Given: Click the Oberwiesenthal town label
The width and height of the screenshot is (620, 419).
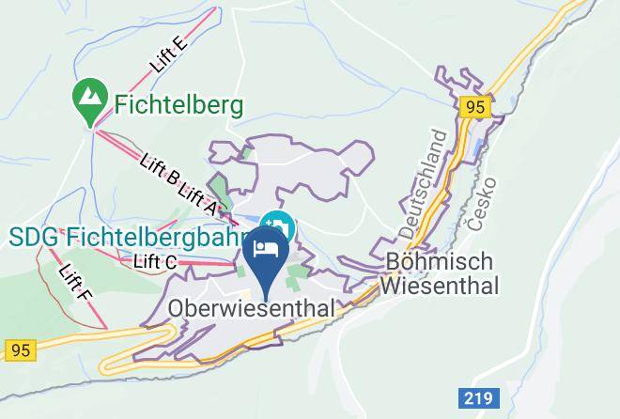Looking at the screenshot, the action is [250, 308].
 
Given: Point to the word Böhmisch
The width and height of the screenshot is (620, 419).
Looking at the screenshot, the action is [440, 260].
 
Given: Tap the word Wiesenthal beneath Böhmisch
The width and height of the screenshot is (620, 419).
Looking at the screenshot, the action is [441, 283].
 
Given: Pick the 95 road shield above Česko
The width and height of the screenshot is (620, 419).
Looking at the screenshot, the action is [475, 108].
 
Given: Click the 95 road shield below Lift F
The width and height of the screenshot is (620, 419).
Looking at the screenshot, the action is [18, 350].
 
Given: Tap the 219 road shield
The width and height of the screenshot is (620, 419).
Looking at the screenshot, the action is [477, 398].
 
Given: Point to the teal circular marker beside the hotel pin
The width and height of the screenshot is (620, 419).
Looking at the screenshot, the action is [281, 225].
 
